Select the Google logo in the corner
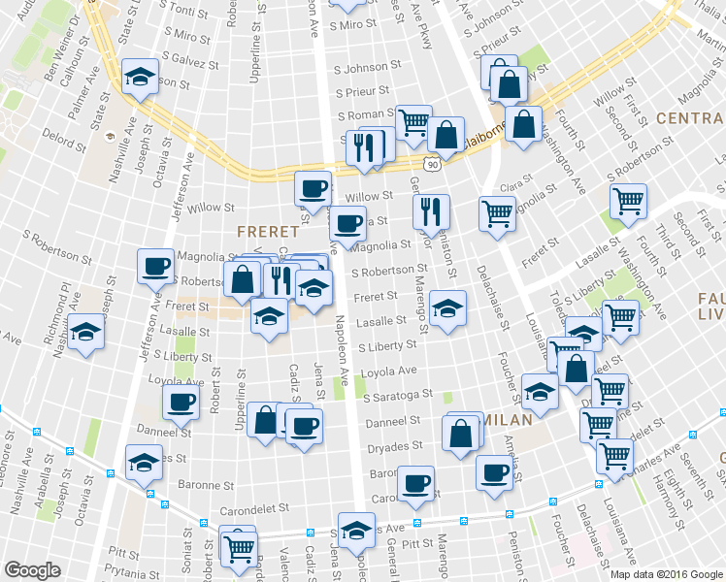coord(32,570)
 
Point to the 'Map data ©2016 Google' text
coord(666,574)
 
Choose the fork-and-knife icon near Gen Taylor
coord(431,211)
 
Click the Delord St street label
coord(64,140)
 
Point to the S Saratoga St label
coord(397,396)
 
